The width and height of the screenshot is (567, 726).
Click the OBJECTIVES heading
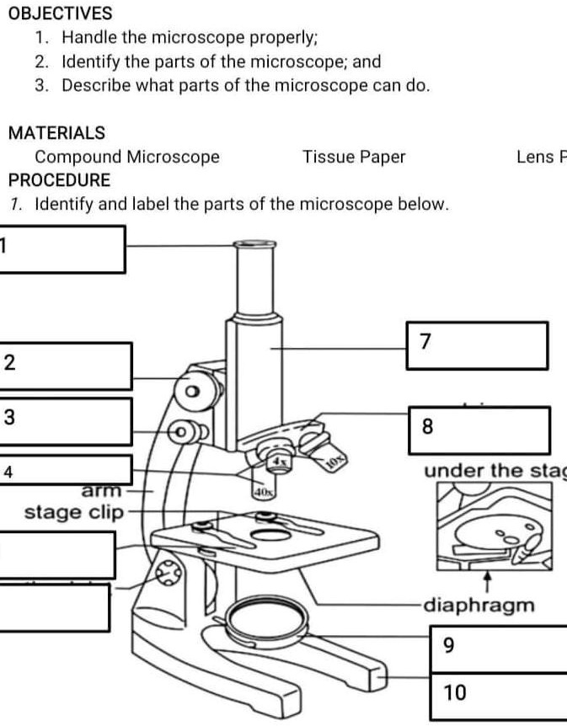[60, 13]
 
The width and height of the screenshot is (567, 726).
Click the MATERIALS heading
[56, 133]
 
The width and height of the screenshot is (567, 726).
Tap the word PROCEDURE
[59, 180]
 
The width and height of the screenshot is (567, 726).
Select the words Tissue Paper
[354, 157]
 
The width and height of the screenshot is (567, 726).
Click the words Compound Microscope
[127, 157]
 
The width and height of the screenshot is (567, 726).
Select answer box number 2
[67, 365]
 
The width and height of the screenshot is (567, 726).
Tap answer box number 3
[67, 421]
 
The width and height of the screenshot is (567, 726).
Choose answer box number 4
[67, 470]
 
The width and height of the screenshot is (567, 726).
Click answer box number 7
[476, 345]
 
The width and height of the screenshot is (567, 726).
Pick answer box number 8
[479, 430]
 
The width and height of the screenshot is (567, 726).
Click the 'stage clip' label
[74, 512]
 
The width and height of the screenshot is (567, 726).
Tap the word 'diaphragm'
[479, 605]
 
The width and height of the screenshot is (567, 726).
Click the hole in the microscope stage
[268, 536]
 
